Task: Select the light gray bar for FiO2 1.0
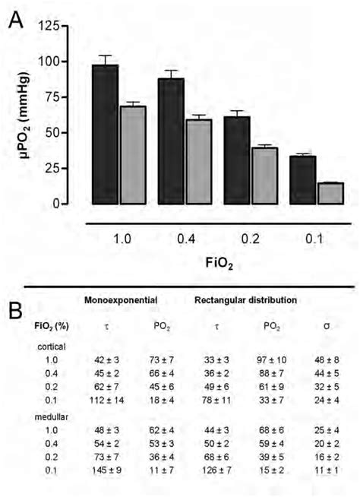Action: [133, 155]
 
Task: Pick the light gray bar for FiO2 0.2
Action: [265, 176]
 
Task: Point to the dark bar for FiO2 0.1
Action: [303, 180]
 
